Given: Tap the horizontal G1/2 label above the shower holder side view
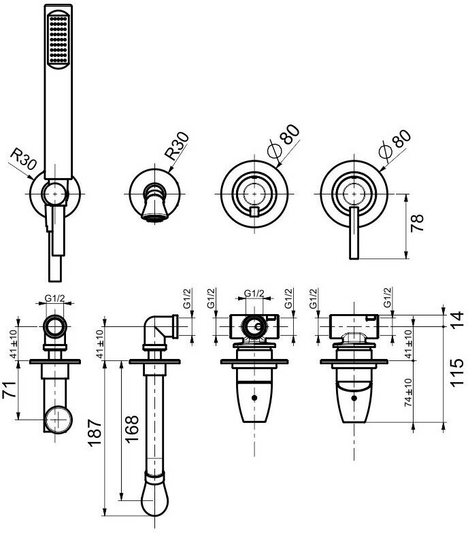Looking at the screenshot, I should pyautogui.click(x=55, y=298).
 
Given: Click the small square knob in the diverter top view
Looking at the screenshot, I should pyautogui.click(x=254, y=213).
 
